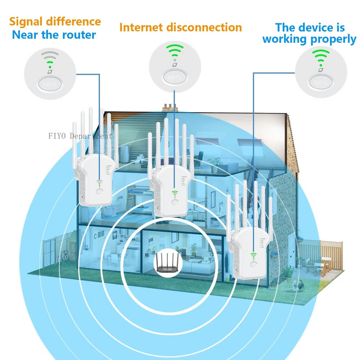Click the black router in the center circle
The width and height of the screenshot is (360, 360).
click(166, 262)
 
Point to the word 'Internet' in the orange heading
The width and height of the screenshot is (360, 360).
click(141, 27)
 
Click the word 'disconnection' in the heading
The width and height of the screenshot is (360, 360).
click(204, 27)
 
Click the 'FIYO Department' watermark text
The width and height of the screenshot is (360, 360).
click(80, 135)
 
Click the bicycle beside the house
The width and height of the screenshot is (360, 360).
click(63, 256)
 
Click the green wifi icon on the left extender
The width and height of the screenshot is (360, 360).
click(99, 184)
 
